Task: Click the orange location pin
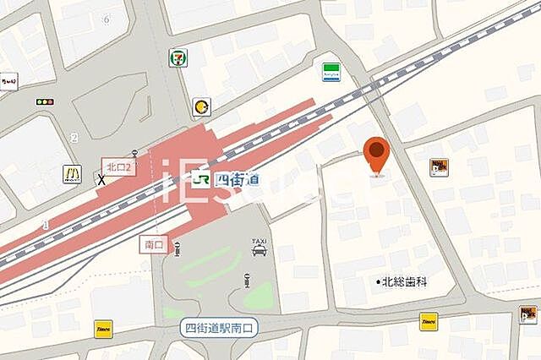coord(377,155)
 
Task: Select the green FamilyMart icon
coord(331,71)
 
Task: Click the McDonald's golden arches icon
coord(73,175)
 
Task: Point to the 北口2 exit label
coord(117,166)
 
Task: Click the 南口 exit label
coord(153,243)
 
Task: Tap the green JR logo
coord(201,179)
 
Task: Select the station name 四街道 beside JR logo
coord(238,179)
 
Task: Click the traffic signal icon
coord(45,102)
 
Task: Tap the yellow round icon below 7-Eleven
coord(201,106)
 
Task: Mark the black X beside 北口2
coord(102,179)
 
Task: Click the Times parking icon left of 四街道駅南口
coord(104,328)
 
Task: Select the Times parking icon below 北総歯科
coord(429,321)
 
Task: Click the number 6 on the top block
coord(107,19)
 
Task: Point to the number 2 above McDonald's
coord(74,138)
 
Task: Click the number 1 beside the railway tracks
coord(46,225)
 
